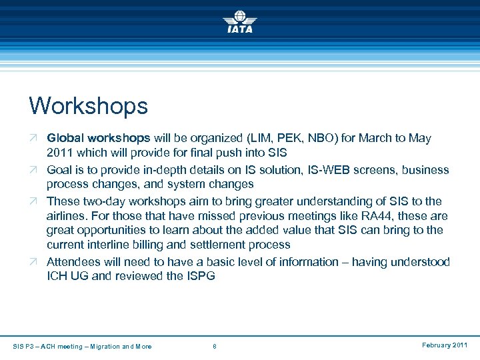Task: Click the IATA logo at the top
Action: tap(239, 21)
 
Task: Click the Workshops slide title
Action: tap(88, 105)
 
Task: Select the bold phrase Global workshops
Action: tap(99, 139)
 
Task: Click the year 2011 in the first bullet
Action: tap(59, 154)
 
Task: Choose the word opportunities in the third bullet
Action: tap(109, 231)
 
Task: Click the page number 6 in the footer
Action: tap(214, 346)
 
